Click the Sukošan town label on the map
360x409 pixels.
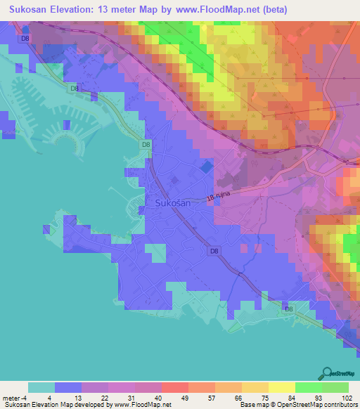pyautogui.click(x=169, y=203)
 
